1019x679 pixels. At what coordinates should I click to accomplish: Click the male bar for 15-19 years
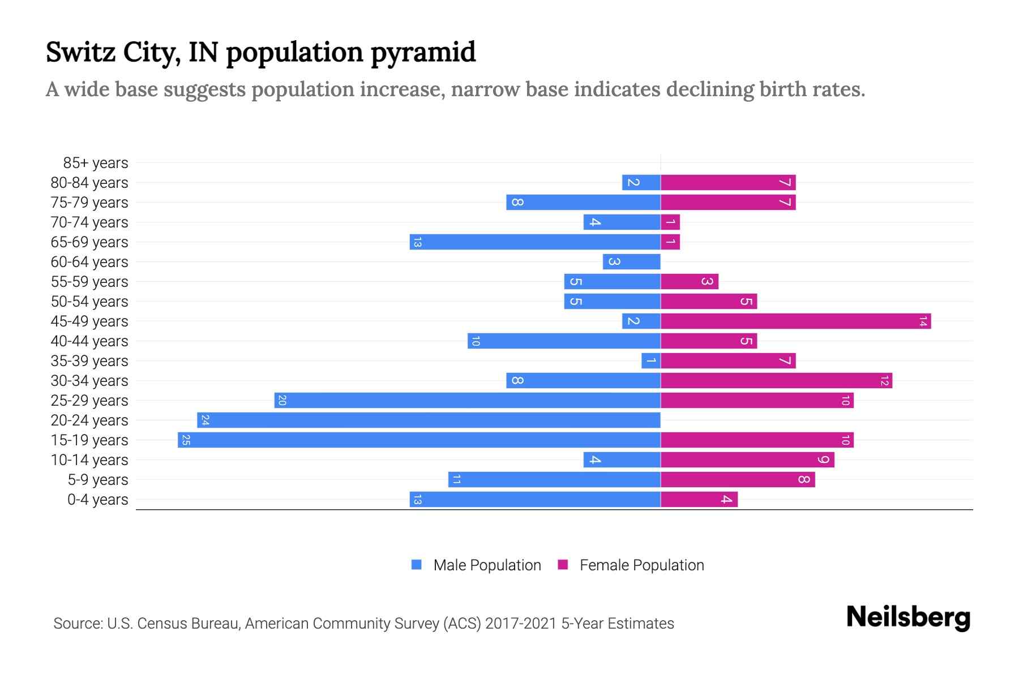coord(419,440)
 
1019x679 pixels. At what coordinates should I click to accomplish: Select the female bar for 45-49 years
coord(795,321)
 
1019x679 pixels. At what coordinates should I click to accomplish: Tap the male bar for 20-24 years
coord(429,420)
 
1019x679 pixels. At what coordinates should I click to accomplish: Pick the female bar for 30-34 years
coord(776,380)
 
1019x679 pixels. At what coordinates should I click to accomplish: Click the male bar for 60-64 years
coord(631,261)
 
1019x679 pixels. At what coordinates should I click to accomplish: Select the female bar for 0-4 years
coord(699,499)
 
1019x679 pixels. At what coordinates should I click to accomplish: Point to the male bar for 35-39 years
coord(650,360)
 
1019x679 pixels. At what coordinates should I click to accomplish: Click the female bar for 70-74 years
coord(670,222)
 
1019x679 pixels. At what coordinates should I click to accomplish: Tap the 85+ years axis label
coord(95,163)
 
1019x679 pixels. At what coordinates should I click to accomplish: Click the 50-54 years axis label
coord(89,302)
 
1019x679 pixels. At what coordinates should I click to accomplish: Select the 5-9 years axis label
coord(97,480)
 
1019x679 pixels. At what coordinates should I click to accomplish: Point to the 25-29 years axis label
coord(89,401)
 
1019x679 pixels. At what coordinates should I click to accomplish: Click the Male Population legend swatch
coord(417,565)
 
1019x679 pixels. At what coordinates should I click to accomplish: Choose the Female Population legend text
coord(641,565)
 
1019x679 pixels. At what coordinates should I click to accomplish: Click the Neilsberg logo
coord(908,617)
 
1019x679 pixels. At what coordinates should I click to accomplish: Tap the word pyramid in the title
coord(423,52)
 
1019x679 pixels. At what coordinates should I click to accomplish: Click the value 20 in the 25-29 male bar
coord(282,401)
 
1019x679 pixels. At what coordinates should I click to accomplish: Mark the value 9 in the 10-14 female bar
coord(823,459)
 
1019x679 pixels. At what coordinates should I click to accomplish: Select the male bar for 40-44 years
coord(564,341)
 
